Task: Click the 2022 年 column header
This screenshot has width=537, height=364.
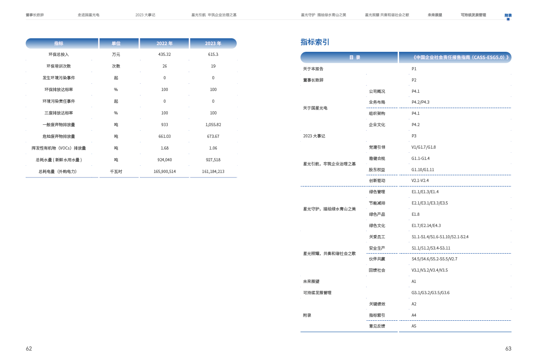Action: tap(164, 44)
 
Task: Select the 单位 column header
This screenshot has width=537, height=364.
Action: tap(116, 44)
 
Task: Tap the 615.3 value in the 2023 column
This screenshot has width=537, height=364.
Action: tap(213, 55)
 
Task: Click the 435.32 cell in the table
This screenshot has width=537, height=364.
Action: tap(164, 55)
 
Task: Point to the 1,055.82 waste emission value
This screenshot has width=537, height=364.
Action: tap(213, 125)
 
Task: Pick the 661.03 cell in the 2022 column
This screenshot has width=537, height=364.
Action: tap(164, 136)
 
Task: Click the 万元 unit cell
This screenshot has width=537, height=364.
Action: tap(116, 55)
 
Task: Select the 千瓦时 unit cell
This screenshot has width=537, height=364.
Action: tap(116, 172)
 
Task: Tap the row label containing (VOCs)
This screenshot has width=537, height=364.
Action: tap(59, 148)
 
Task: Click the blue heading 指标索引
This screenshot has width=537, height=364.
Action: tap(315, 42)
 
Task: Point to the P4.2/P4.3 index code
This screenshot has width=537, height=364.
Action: tap(420, 102)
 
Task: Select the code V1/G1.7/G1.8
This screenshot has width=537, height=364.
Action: tap(423, 147)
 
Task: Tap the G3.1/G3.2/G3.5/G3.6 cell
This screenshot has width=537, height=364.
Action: tap(430, 293)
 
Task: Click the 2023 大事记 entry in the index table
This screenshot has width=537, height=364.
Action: tap(314, 136)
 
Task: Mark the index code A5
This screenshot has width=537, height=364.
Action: tap(414, 326)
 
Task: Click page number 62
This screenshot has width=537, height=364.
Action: tap(29, 349)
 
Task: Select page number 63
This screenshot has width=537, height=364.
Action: tap(508, 349)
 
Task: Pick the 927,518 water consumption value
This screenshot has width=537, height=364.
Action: tap(213, 160)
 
